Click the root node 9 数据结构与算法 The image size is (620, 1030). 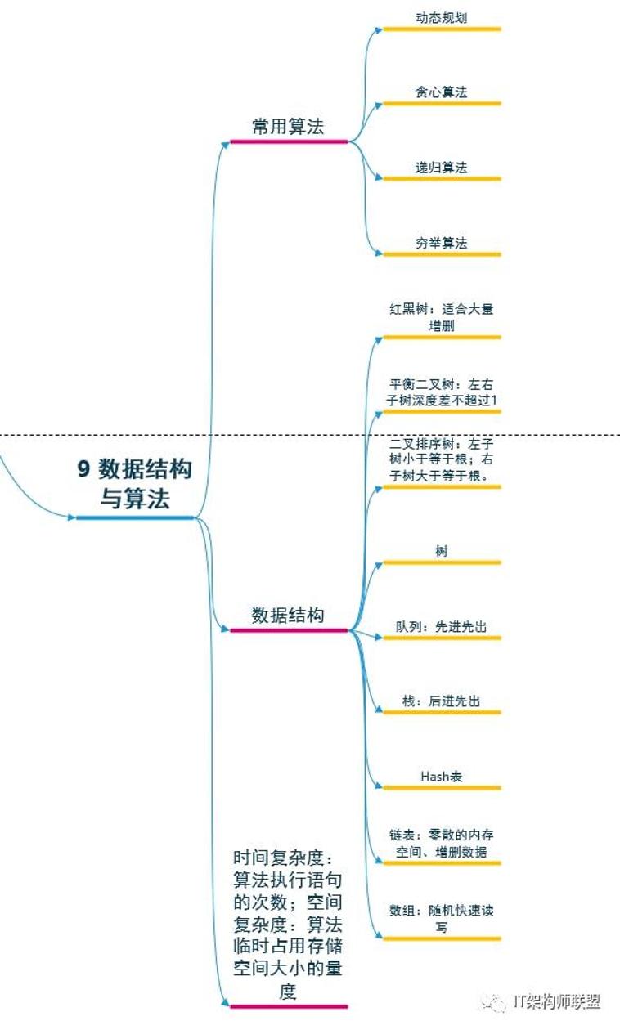coord(135,483)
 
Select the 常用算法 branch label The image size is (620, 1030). coord(288,127)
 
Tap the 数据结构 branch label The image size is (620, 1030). coord(288,616)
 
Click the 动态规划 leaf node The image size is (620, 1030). coord(441,17)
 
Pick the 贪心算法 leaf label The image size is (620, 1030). coord(441,92)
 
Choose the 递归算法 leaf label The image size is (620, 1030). coord(441,168)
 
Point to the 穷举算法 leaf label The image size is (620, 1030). coord(441,243)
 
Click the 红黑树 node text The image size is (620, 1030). coord(441,317)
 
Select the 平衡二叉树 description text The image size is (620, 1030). coord(442,392)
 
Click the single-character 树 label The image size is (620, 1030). coord(442,552)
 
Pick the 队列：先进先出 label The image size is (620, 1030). coord(441,627)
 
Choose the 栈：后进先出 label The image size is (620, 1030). coord(441,702)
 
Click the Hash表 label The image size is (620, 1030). coord(442,777)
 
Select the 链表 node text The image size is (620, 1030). coord(441,844)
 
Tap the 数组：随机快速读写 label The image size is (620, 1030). coord(441,918)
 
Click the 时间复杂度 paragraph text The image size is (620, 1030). coord(288,925)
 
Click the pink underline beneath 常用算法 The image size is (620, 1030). coord(289,141)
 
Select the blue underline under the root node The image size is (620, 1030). coord(135,517)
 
